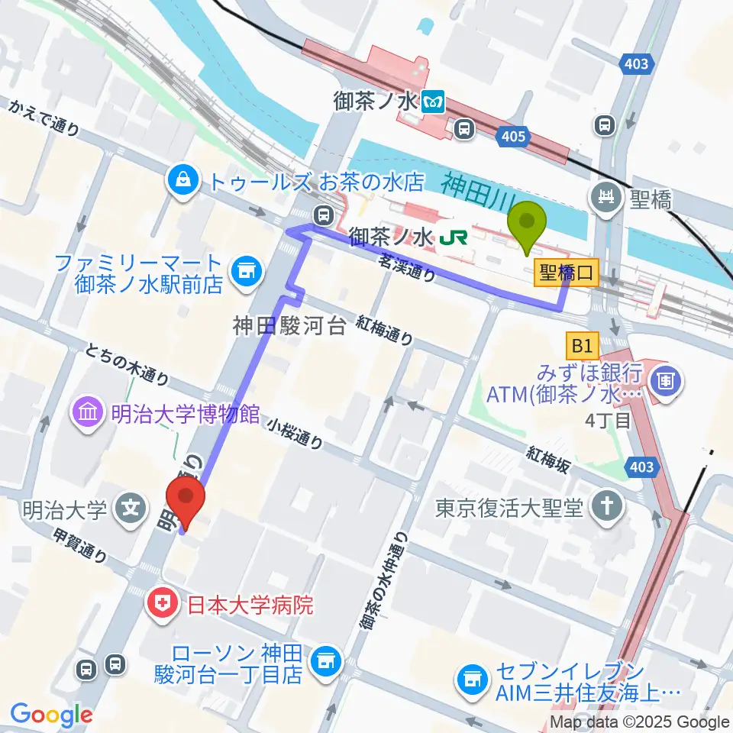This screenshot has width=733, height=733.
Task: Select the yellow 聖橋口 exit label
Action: click(x=567, y=273)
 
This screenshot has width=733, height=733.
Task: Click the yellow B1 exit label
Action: click(x=582, y=347)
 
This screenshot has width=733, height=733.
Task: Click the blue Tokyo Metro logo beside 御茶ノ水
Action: click(x=434, y=101)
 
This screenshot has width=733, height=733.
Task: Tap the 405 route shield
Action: click(x=514, y=137)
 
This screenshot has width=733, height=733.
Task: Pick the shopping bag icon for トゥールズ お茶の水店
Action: click(x=183, y=180)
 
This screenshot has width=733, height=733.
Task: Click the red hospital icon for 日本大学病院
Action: click(x=163, y=605)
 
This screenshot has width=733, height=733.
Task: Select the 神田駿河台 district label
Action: click(x=291, y=326)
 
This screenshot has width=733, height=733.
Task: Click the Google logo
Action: click(x=51, y=715)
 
